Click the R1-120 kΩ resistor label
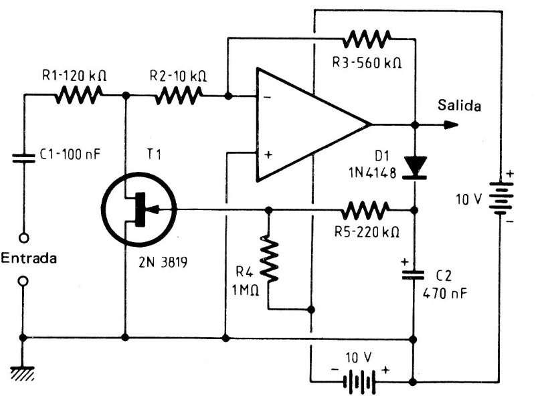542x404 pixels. point(73,76)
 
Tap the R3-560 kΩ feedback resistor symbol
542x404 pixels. point(363,41)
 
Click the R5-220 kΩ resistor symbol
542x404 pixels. point(364,211)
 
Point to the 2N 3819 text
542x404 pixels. point(160,263)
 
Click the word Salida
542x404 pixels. point(458,105)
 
